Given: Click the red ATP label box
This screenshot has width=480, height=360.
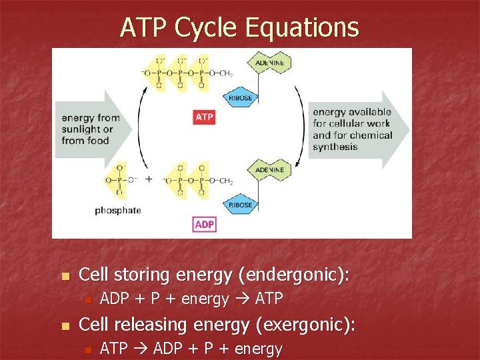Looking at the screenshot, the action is click(204, 117).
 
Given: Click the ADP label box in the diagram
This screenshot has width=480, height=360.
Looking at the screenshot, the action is click(204, 225).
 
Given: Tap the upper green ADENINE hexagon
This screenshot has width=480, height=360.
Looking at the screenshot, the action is click(269, 63).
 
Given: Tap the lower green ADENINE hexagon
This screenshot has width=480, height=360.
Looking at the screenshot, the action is click(269, 170).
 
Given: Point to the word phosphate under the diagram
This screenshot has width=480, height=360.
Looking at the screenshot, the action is click(118, 211).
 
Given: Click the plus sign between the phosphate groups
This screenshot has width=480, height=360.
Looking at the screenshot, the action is click(149, 179).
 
